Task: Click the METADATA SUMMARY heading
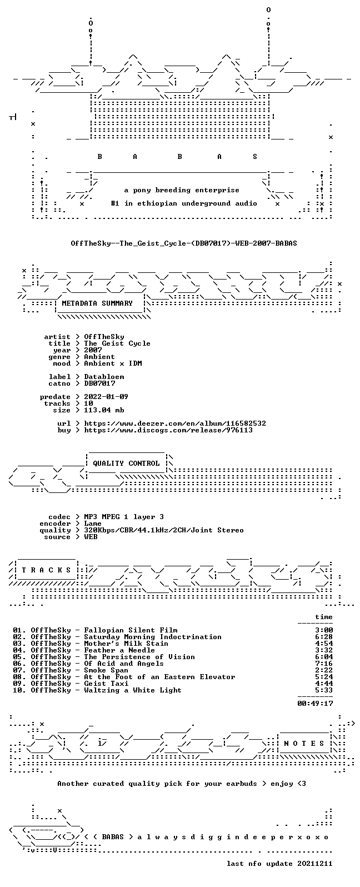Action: click(97, 303)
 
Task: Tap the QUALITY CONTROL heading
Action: click(126, 464)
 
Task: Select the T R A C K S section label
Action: click(46, 570)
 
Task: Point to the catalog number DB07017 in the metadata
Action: click(99, 383)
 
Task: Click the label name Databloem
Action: click(104, 377)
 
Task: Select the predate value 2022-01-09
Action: click(106, 397)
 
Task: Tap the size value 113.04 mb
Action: click(104, 410)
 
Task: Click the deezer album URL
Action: click(175, 423)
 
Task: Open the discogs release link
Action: click(168, 430)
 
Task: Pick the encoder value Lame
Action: click(93, 524)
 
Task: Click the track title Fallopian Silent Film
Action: click(131, 630)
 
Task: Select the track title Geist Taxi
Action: click(106, 684)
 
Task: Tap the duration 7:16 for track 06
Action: click(324, 663)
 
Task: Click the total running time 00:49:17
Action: click(315, 703)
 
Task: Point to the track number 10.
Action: click(17, 690)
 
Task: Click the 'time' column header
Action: click(324, 617)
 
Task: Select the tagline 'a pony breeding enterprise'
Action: click(182, 190)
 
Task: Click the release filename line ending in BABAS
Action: click(184, 243)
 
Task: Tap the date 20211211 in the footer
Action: click(315, 864)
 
